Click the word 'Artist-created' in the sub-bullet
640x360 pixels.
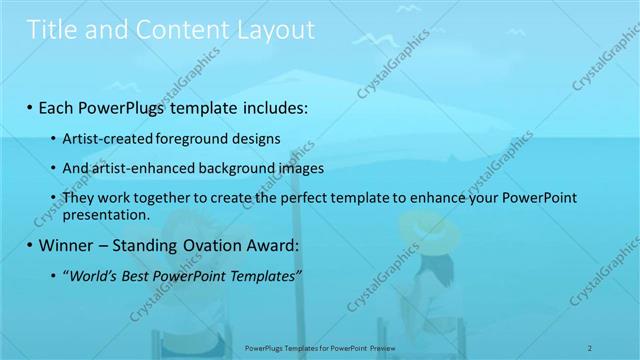tap(104, 138)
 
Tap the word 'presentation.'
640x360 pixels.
tap(106, 214)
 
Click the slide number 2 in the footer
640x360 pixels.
tap(591, 347)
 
